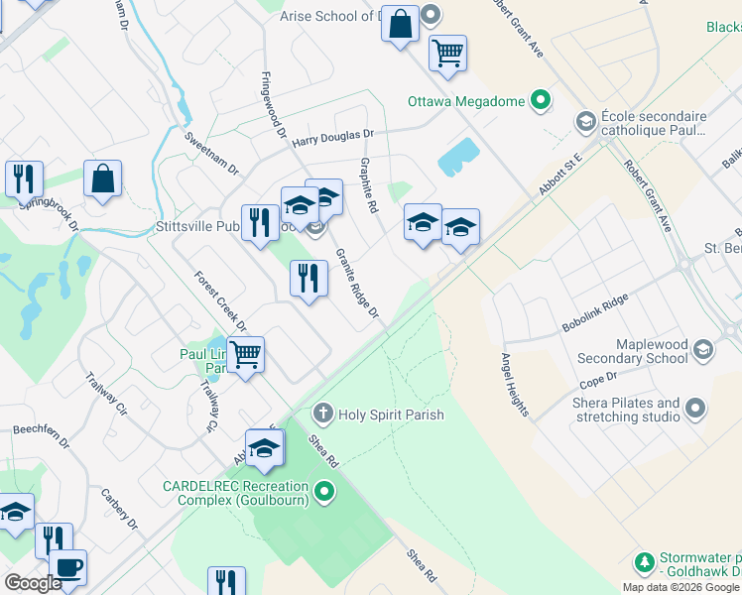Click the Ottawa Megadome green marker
(x=541, y=100)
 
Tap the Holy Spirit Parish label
(x=391, y=415)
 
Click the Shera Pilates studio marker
(x=695, y=409)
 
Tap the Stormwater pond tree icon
(x=644, y=563)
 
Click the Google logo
(x=34, y=582)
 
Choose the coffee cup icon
(x=67, y=566)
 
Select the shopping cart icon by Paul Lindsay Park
(x=245, y=354)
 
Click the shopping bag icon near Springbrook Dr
(x=102, y=178)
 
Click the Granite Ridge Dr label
(x=357, y=284)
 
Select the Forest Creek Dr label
(x=220, y=301)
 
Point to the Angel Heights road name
(x=515, y=385)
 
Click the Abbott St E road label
(x=559, y=170)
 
